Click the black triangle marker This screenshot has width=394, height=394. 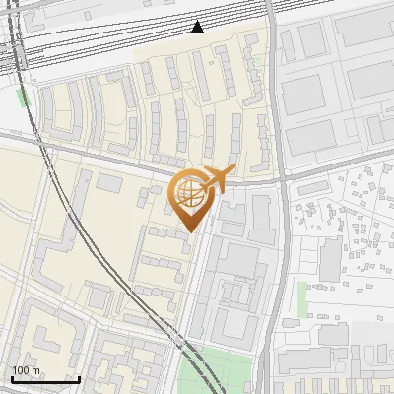coord(198,27)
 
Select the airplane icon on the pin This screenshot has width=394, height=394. coord(219,178)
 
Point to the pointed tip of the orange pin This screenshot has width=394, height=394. coord(189,231)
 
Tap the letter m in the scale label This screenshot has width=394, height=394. coord(35,370)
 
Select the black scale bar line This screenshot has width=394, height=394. coord(45,379)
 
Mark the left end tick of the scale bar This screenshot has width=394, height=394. coord(12,377)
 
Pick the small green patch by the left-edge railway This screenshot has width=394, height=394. coord(22,97)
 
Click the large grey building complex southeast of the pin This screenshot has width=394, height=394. coord(236,286)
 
